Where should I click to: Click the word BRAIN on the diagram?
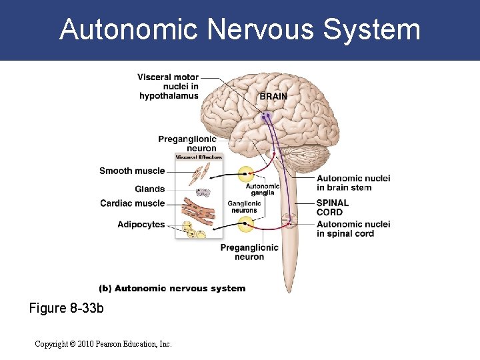(273, 97)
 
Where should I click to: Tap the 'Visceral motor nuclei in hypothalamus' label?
(168, 87)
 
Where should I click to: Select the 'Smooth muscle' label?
(132, 171)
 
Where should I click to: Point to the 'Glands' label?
(149, 189)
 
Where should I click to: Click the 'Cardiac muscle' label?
(132, 203)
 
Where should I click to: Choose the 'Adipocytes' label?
(141, 225)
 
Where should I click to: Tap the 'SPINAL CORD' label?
(332, 207)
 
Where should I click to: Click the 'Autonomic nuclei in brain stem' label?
(353, 183)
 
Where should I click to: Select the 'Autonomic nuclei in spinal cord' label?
(353, 229)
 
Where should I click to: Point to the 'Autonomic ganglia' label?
(263, 189)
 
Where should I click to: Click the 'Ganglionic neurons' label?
(244, 207)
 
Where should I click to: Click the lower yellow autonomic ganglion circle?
(246, 225)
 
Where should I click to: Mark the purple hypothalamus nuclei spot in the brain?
(267, 117)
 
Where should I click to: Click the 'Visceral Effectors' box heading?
(198, 157)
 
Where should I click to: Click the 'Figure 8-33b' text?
(67, 309)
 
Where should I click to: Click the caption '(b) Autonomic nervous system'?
(172, 289)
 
